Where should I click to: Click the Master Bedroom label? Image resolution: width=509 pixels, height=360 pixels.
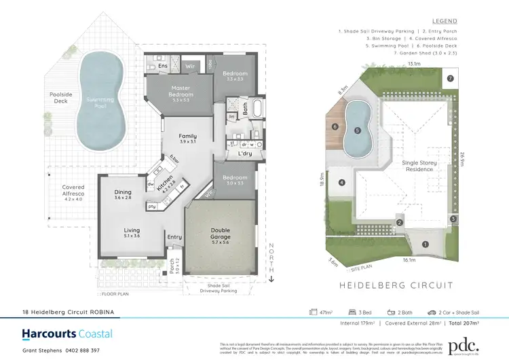[181, 91]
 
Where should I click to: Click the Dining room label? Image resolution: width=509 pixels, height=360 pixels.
[123, 194]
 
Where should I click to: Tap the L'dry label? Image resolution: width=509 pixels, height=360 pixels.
[245, 154]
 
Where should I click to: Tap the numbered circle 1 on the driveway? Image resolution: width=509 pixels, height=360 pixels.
[426, 245]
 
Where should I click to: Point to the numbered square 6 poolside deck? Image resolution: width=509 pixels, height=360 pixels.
[335, 127]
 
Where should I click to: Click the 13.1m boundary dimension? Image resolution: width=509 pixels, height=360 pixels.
[413, 64]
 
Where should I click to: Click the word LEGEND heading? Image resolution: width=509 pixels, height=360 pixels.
[445, 21]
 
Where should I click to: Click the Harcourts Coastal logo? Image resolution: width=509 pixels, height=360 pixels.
[67, 334]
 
